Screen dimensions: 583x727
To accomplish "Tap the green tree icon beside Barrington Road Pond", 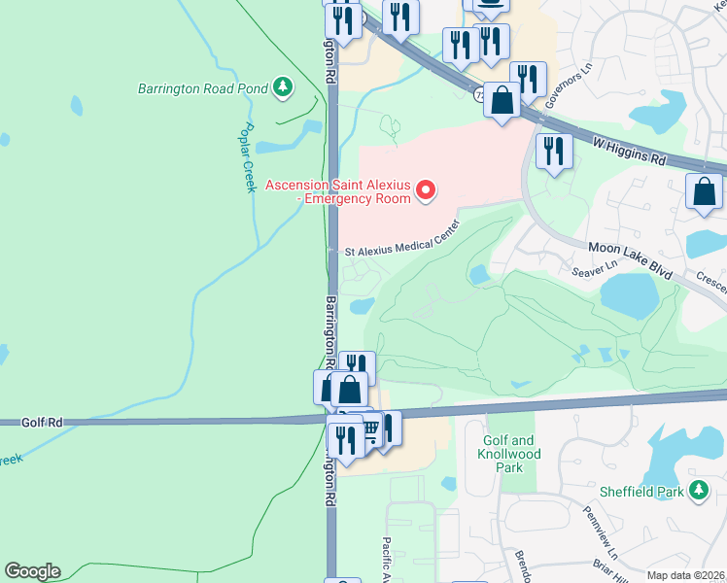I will [283, 87].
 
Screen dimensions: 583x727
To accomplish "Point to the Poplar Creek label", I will [248, 157].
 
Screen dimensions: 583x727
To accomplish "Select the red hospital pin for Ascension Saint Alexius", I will [425, 191].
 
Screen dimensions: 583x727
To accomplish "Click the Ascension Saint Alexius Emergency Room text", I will [338, 191].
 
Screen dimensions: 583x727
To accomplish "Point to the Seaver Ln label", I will [596, 270].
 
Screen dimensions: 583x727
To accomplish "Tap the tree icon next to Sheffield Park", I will [697, 492].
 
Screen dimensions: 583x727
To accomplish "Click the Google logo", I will [32, 571].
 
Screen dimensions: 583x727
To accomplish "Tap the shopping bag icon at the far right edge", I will [704, 191].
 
